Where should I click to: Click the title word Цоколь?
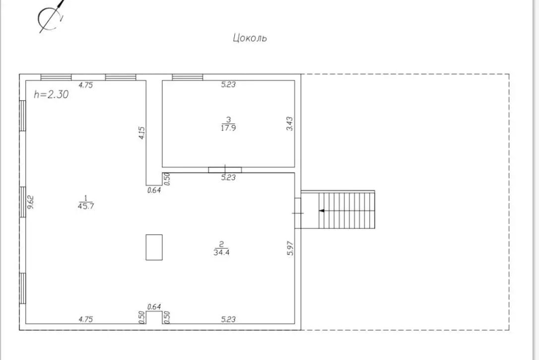[x=250, y=38]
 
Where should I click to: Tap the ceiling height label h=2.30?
[x=51, y=94]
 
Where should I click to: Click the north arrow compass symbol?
[x=51, y=16]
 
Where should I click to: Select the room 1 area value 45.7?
[x=86, y=206]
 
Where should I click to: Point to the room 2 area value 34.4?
[x=221, y=252]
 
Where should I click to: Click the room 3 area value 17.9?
[x=228, y=128]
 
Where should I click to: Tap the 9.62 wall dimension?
[x=31, y=202]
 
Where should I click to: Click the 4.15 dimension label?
[x=141, y=133]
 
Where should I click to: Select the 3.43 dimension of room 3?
[x=290, y=124]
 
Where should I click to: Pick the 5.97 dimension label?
[x=290, y=248]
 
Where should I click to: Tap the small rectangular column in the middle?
[x=154, y=247]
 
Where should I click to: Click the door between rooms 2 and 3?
[x=225, y=170]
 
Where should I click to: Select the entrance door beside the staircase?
[x=298, y=213]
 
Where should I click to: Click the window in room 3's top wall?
[x=187, y=77]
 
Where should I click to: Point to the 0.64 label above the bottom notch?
[x=154, y=306]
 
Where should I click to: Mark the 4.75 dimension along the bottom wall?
[x=85, y=319]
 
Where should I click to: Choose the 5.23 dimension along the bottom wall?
[x=228, y=319]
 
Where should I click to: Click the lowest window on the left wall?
[x=23, y=288]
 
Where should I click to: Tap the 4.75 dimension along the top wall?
[x=85, y=85]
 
